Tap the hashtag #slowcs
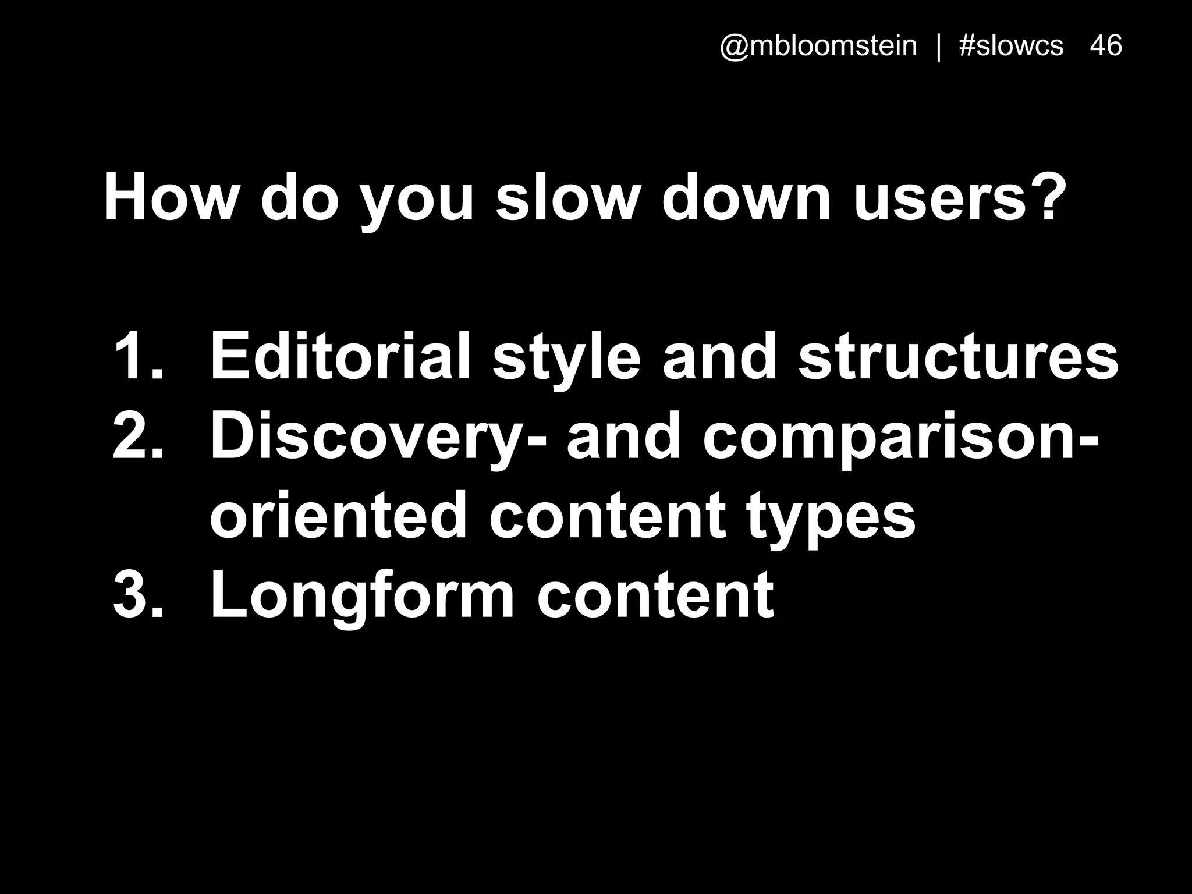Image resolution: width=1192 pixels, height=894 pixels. click(x=1011, y=46)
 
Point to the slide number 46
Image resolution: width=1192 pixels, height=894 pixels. click(x=1106, y=45)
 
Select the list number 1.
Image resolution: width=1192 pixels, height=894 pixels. click(x=136, y=356)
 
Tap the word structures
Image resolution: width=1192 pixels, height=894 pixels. click(x=958, y=356)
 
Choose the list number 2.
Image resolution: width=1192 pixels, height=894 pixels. click(x=137, y=437)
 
